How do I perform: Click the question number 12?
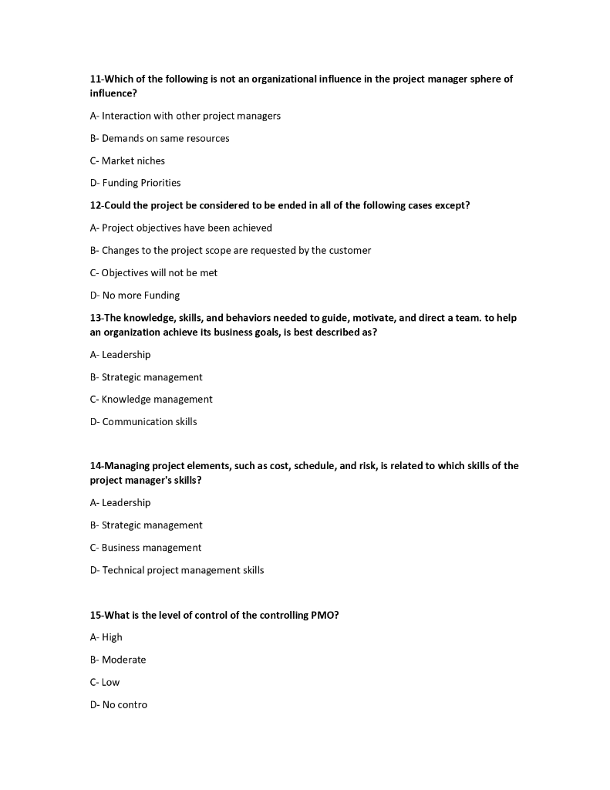96,205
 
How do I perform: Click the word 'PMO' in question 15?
319,615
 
